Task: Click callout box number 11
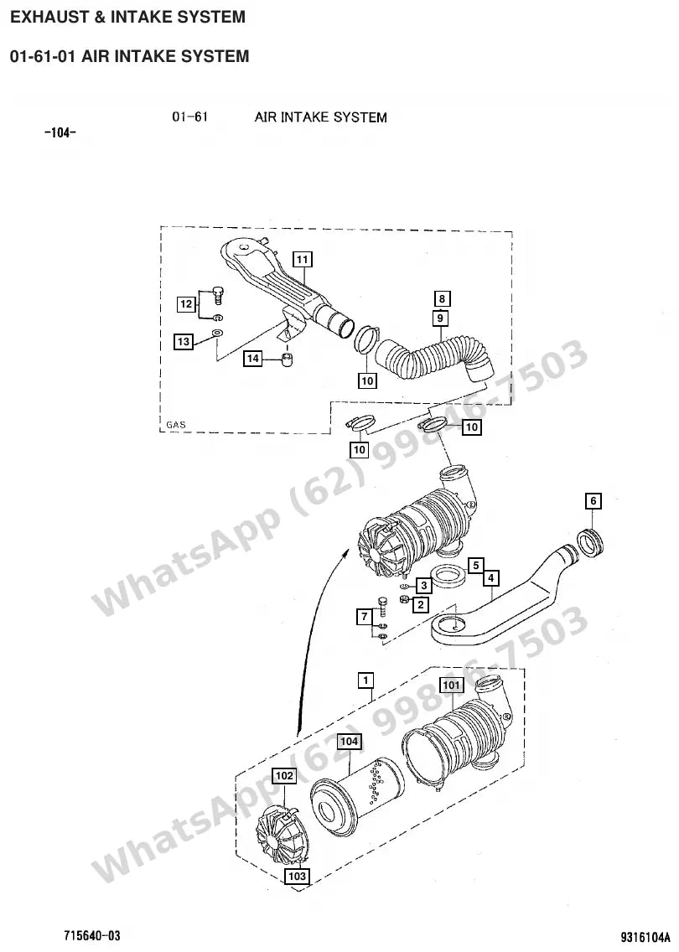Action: click(x=303, y=260)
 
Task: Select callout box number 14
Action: click(x=252, y=359)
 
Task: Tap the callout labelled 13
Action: click(x=184, y=342)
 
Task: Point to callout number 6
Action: click(x=593, y=501)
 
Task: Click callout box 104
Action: click(x=349, y=742)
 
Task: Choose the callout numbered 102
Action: click(x=284, y=775)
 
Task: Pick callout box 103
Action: click(x=297, y=876)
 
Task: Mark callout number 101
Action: click(x=452, y=686)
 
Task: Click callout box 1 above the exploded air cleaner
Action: click(x=365, y=680)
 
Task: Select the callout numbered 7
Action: click(x=365, y=618)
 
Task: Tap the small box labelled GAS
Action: click(x=176, y=425)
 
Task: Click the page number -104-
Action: click(x=60, y=132)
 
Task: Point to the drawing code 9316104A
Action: click(x=645, y=935)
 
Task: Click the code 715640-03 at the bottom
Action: click(x=91, y=934)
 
